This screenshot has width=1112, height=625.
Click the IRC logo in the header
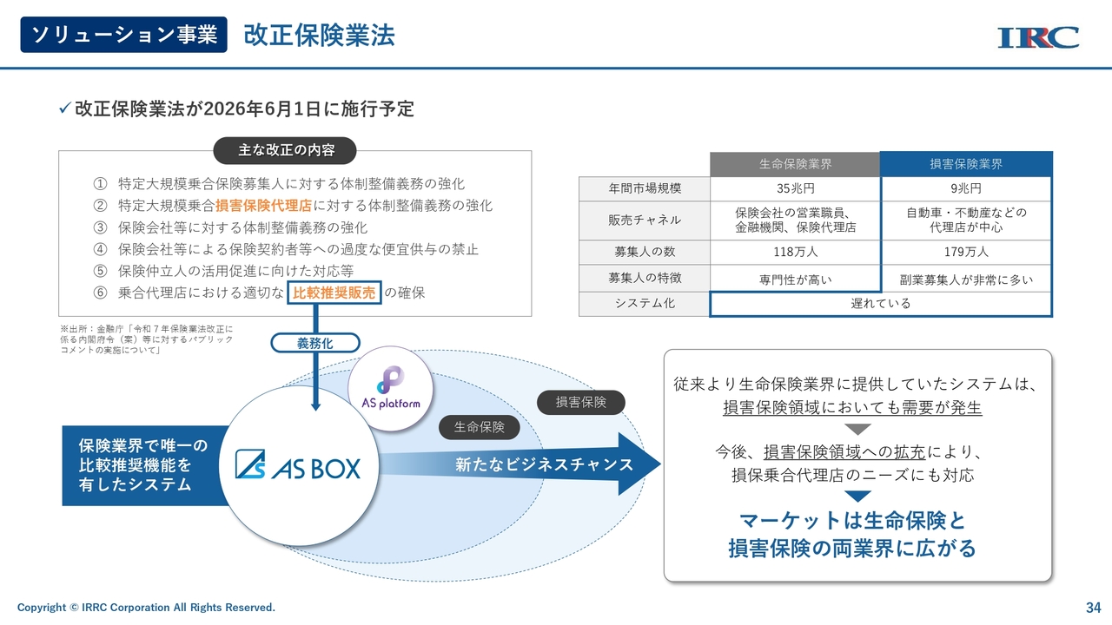(1038, 37)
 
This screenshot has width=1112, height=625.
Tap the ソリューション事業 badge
(123, 35)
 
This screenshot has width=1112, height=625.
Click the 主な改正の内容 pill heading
(286, 150)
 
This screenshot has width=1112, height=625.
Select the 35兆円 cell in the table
(795, 188)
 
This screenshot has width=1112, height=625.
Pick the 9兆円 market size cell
(966, 188)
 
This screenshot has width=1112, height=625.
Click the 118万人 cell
(795, 252)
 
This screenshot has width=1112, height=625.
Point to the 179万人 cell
(966, 252)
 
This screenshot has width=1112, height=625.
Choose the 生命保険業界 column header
(795, 164)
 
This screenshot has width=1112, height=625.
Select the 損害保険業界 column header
(966, 164)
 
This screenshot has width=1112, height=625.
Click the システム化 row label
(644, 304)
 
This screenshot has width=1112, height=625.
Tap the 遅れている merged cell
(881, 304)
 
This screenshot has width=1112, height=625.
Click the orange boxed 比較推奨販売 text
(334, 293)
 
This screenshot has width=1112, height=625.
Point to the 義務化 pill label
(314, 343)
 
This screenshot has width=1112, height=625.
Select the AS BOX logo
(297, 468)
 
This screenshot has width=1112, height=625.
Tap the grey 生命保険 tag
(480, 426)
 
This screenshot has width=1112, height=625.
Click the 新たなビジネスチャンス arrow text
(544, 464)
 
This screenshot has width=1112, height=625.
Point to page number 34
(1093, 607)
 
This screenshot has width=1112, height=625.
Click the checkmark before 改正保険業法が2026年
(63, 109)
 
